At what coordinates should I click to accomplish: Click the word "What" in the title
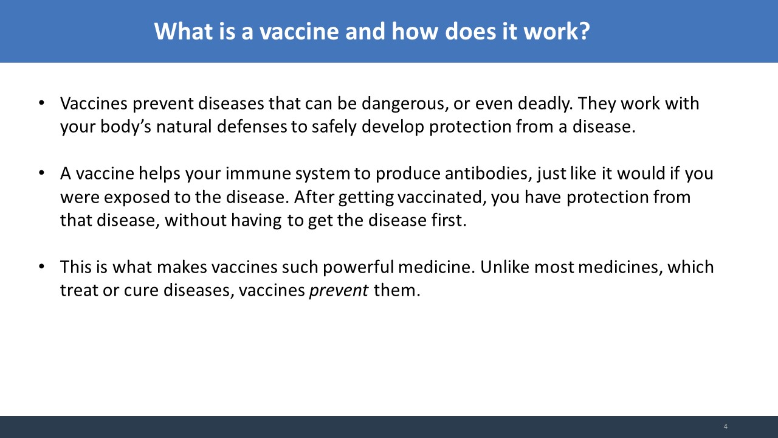[184, 31]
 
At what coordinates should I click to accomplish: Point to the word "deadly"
[545, 104]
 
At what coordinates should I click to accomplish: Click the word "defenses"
[252, 126]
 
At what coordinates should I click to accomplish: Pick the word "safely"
[334, 127]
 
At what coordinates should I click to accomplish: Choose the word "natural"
[184, 126]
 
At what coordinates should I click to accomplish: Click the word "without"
[196, 220]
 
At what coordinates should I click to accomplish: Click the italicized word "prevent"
[339, 291]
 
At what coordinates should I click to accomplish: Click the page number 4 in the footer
[726, 426]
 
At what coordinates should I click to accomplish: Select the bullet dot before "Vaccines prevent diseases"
[42, 103]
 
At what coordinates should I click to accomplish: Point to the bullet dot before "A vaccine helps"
[42, 173]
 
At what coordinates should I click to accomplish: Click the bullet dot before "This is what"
[42, 266]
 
